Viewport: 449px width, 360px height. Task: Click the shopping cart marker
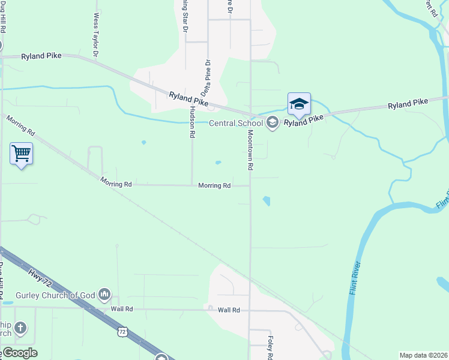click(x=21, y=154)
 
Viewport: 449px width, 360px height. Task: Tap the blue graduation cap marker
click(x=298, y=104)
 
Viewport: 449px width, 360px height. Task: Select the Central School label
click(x=236, y=124)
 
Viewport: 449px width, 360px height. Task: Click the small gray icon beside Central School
click(x=272, y=124)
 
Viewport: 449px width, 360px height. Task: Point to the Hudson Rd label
click(x=192, y=122)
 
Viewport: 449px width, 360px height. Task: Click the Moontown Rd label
click(x=250, y=150)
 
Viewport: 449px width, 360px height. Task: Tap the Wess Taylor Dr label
click(x=96, y=37)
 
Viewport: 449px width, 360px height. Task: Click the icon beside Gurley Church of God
click(x=105, y=293)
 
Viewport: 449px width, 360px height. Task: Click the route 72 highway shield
click(x=122, y=331)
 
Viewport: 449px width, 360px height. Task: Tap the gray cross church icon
click(x=20, y=328)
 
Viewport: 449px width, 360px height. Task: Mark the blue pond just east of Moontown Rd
click(x=266, y=201)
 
